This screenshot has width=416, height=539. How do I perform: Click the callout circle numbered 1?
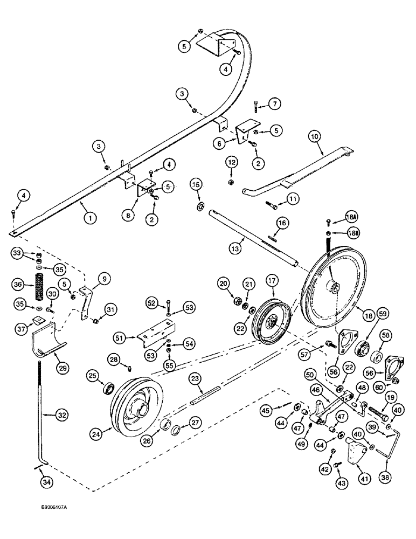(x=90, y=219)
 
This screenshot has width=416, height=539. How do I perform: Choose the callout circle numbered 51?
(x=119, y=338)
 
